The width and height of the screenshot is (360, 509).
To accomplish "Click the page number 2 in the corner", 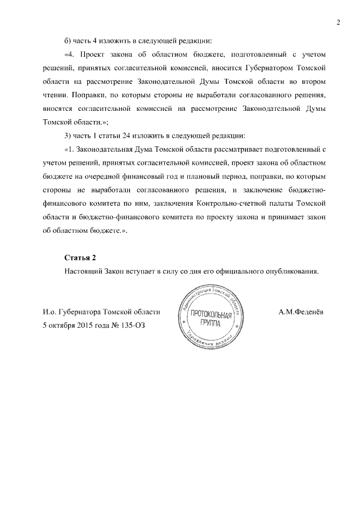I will tap(338, 22).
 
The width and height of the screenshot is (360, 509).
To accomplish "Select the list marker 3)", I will tap(69, 137).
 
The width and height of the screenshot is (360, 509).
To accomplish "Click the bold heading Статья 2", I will tap(80, 258).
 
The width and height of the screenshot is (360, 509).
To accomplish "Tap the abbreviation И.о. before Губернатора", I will tap(49, 311).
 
